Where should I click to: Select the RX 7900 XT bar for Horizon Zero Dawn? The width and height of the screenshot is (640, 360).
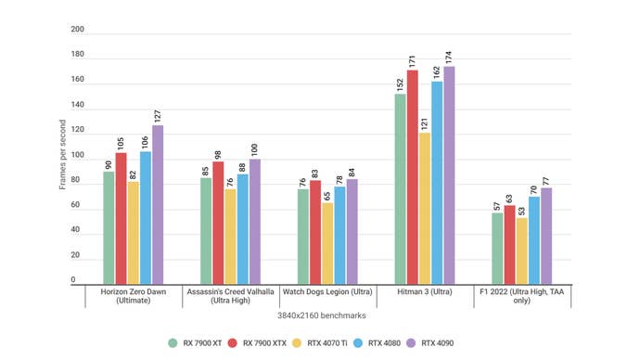pos(109,226)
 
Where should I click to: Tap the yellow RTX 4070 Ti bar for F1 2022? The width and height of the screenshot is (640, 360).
pos(522,250)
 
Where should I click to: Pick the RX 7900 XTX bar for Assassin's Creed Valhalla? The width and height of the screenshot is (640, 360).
pos(218,222)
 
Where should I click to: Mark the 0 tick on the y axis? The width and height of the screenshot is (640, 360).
pos(74,281)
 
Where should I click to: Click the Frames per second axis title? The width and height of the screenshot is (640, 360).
pos(63,155)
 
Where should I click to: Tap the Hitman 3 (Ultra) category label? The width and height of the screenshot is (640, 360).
pos(425,291)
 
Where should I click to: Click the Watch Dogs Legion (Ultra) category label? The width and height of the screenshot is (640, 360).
pos(327,291)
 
